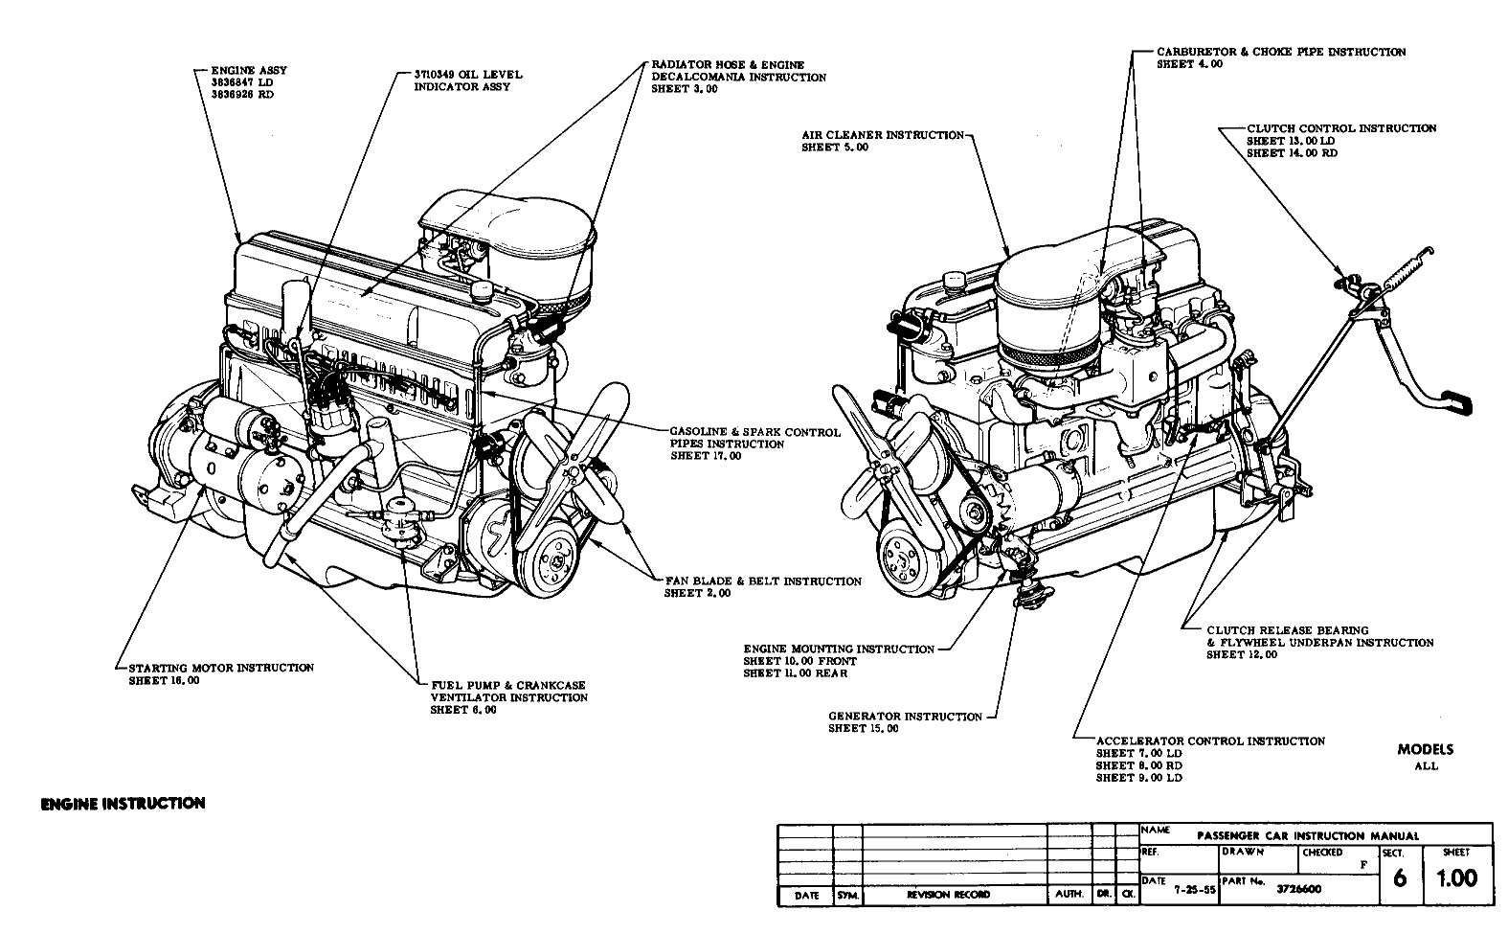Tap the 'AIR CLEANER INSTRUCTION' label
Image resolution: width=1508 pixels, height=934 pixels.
tap(882, 135)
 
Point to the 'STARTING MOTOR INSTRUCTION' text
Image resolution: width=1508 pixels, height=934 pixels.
tap(220, 668)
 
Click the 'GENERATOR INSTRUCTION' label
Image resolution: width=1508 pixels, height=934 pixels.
tap(905, 717)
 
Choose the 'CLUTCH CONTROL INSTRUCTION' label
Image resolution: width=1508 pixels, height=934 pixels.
tap(1340, 128)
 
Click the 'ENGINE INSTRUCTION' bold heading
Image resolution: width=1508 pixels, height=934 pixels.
tap(123, 803)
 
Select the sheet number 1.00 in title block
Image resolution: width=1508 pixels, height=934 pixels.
tap(1457, 877)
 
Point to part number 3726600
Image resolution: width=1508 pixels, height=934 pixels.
tap(1299, 888)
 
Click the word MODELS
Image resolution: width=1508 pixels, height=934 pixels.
tap(1425, 750)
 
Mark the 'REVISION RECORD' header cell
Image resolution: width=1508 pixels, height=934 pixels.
tap(949, 895)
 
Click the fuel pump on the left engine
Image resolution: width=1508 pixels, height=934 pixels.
tap(394, 518)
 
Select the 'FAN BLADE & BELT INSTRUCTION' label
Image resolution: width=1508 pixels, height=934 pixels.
tap(762, 581)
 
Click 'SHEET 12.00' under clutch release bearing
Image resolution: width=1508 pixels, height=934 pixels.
tap(1241, 655)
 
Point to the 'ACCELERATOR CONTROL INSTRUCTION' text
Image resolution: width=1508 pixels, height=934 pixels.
tap(1210, 740)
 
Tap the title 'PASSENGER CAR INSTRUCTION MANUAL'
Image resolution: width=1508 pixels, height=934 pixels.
tap(1308, 835)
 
